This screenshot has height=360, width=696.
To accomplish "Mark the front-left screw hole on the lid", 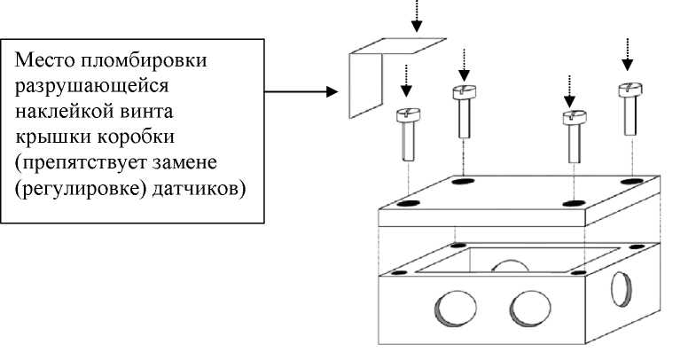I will pos(409,204).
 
